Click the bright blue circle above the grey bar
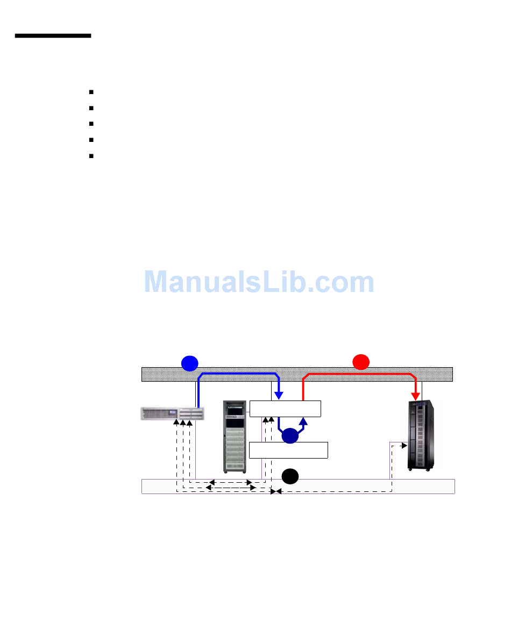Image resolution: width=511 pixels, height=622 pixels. [189, 363]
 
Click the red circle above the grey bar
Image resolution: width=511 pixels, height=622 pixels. [361, 362]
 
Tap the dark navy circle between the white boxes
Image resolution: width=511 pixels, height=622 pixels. [290, 436]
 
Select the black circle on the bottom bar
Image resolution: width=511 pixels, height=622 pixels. [290, 476]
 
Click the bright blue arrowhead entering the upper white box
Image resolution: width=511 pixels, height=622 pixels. [279, 396]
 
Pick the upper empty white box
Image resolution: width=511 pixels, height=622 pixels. [285, 409]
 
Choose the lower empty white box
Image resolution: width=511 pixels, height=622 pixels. [289, 450]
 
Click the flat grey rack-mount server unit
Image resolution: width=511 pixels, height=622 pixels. [172, 413]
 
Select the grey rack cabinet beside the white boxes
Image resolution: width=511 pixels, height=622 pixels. [236, 437]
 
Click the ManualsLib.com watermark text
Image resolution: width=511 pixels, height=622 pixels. [259, 282]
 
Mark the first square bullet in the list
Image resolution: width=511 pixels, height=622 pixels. [92, 92]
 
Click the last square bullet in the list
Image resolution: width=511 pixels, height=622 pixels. [92, 156]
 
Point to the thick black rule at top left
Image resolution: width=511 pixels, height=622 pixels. [53, 36]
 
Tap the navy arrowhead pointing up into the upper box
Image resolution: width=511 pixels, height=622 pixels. [303, 420]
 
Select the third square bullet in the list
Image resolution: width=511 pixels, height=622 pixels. [92, 124]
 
